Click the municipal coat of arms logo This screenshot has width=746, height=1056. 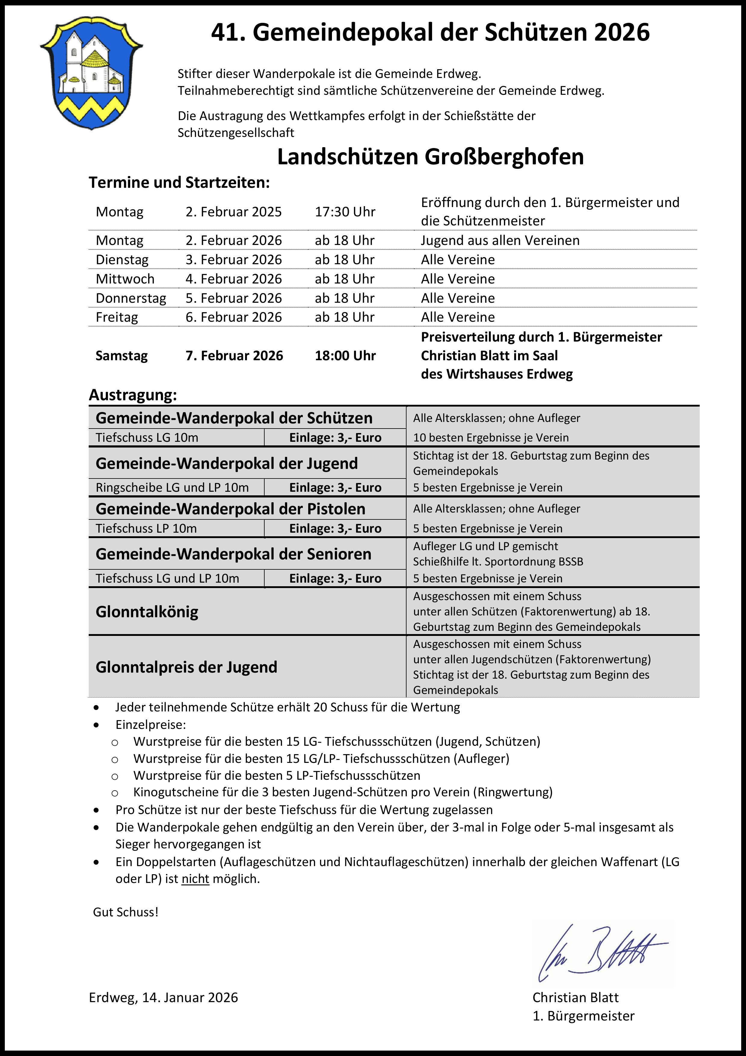[91, 73]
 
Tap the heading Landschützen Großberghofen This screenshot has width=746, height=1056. [430, 157]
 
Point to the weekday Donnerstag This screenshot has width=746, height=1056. [131, 298]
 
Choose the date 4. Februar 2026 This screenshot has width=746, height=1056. [234, 279]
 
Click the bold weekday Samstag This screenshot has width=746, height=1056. [122, 355]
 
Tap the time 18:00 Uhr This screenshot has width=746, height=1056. [345, 355]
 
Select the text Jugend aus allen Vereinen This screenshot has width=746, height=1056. [500, 240]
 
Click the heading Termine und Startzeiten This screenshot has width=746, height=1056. [179, 183]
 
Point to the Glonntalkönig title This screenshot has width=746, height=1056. [147, 612]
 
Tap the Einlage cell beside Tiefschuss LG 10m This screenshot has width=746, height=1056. [335, 437]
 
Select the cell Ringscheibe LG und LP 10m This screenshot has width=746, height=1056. [172, 488]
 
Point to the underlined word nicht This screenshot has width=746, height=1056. [195, 878]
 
